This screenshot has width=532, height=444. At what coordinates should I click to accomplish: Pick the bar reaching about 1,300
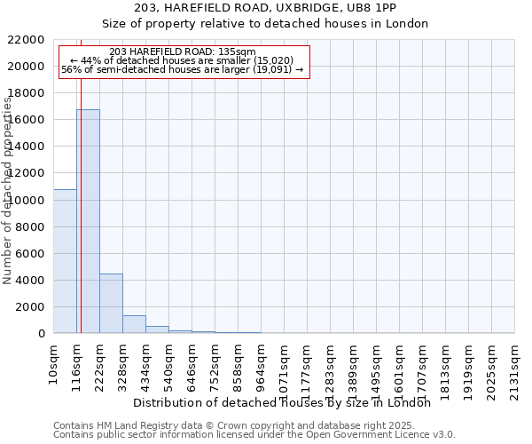[134, 324]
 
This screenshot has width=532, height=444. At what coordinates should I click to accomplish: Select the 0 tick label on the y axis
[42, 334]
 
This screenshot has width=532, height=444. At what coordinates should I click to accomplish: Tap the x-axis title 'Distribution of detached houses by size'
[287, 402]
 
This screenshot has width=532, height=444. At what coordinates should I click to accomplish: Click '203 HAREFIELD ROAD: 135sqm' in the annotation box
[184, 52]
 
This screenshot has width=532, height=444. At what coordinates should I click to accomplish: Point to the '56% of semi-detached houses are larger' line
[183, 69]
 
